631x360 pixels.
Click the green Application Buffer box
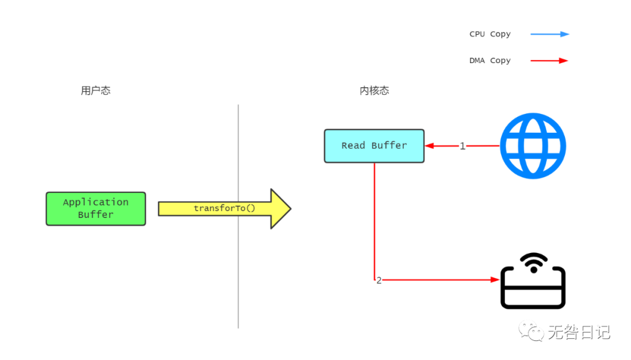tap(96, 209)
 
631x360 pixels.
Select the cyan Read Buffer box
tap(374, 146)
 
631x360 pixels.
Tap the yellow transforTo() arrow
tap(224, 209)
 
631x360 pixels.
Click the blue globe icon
tap(533, 146)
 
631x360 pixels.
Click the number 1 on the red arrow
tap(462, 146)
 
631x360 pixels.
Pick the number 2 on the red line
tap(379, 281)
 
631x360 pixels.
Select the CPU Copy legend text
tap(490, 34)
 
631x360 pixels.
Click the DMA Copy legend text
tap(490, 61)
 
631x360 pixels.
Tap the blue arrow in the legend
tap(549, 34)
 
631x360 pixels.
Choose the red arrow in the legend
tap(549, 61)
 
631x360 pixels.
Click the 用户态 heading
tap(96, 91)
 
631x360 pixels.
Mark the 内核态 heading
tap(374, 91)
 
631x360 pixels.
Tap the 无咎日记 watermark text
tap(578, 333)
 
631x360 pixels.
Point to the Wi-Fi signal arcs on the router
tap(533, 262)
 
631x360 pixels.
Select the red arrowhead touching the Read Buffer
tap(429, 146)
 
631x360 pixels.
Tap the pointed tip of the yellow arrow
tap(289, 209)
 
